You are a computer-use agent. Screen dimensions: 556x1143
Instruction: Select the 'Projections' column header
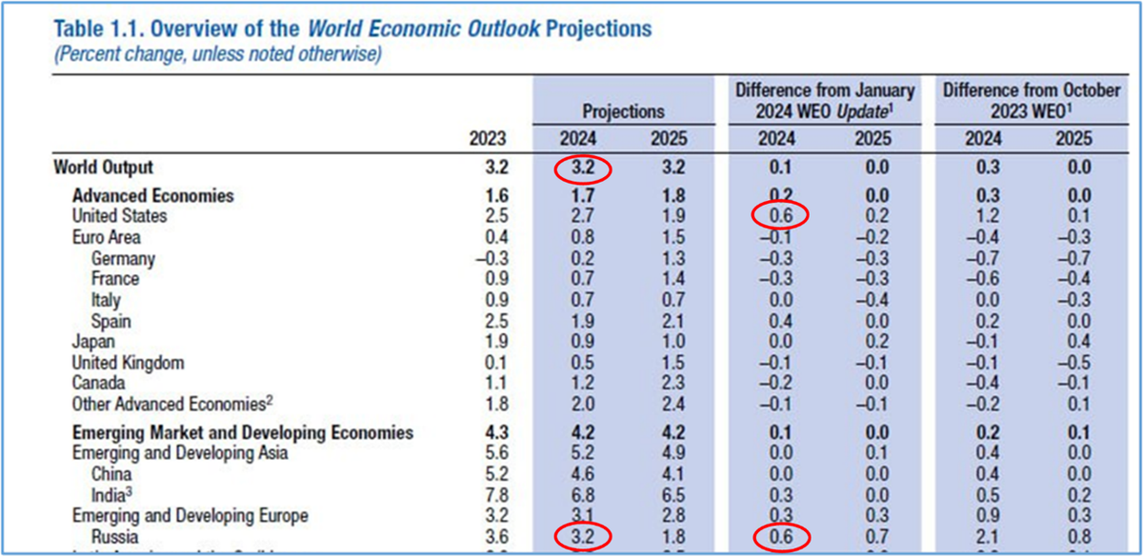click(x=623, y=111)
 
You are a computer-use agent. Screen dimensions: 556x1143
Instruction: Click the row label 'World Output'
click(x=103, y=168)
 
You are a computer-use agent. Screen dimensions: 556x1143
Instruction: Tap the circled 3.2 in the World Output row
click(x=582, y=169)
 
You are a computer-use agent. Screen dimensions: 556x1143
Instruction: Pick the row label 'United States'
click(x=119, y=216)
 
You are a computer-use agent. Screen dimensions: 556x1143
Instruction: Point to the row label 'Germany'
click(x=123, y=258)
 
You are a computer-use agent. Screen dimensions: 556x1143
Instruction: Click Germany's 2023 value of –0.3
click(x=488, y=258)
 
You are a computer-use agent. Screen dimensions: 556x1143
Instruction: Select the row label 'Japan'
click(x=93, y=341)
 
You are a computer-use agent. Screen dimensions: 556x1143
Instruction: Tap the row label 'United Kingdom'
click(x=128, y=363)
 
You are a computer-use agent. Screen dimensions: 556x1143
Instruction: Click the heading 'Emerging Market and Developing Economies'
click(x=243, y=433)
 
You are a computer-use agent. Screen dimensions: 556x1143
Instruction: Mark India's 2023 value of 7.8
click(x=492, y=495)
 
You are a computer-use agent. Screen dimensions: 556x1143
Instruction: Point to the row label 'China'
click(x=111, y=474)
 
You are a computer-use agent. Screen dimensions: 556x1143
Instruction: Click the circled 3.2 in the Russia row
click(x=582, y=538)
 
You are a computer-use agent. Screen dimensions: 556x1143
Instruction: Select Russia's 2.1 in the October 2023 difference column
click(x=985, y=538)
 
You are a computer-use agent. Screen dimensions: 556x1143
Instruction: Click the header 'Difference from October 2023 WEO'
click(x=1031, y=101)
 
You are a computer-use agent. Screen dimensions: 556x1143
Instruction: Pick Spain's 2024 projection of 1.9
click(x=581, y=320)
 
